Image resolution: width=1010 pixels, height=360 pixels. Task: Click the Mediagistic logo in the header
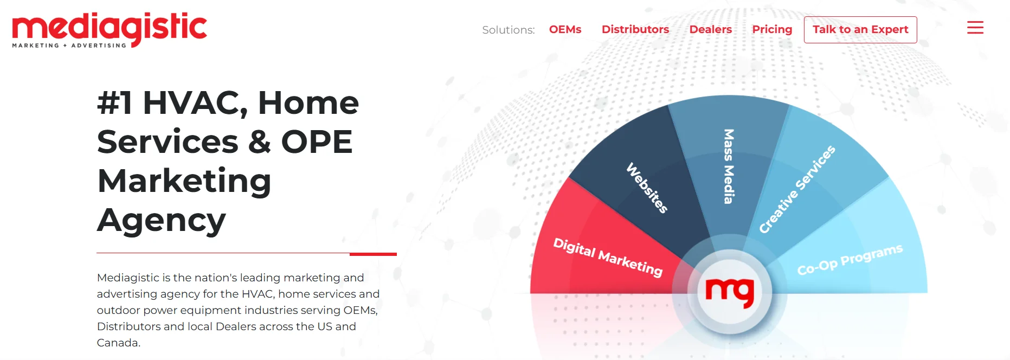point(109,28)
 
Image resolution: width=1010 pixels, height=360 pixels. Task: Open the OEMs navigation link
point(565,29)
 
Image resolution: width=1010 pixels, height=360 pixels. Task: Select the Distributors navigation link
point(635,29)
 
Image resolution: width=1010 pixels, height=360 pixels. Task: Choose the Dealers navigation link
point(710,29)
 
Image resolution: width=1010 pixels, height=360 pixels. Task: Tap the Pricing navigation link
point(772,29)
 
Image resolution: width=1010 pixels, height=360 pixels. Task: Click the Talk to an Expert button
point(860,30)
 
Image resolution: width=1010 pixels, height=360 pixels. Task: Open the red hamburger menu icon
point(975,28)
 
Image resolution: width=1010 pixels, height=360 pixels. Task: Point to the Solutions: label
point(508,30)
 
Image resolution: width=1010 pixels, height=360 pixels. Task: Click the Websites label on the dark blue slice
point(647,188)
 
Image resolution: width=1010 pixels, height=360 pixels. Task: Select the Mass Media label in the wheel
point(729,166)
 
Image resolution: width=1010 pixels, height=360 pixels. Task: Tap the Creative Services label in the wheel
point(796,189)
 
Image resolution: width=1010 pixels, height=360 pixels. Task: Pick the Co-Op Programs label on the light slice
point(850,260)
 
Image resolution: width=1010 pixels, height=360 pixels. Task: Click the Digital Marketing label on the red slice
point(608,257)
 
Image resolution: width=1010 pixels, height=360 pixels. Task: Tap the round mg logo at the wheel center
point(729,292)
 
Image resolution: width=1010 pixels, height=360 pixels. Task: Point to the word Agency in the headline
point(161,220)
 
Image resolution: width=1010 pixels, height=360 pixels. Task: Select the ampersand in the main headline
point(259,142)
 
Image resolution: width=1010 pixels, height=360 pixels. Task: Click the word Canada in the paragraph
point(118,343)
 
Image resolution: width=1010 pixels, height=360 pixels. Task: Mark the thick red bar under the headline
point(373,254)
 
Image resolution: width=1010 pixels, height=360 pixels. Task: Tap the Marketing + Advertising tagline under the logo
point(69,46)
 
